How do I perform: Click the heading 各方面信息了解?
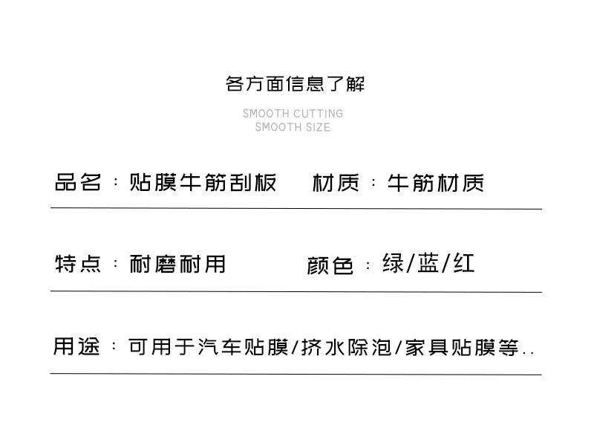[295, 83]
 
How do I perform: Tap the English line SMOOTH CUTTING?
[293, 114]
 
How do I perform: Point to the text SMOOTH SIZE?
[293, 127]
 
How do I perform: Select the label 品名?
[77, 182]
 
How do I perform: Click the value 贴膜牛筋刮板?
[203, 182]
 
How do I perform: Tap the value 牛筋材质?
[436, 182]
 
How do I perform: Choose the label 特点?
[77, 264]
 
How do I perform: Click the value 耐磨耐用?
[177, 264]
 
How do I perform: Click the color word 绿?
[393, 263]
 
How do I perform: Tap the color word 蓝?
[428, 263]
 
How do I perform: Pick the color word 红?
[464, 263]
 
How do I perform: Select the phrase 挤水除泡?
[347, 347]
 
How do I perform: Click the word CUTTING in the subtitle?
[318, 114]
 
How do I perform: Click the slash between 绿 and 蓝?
[411, 264]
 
